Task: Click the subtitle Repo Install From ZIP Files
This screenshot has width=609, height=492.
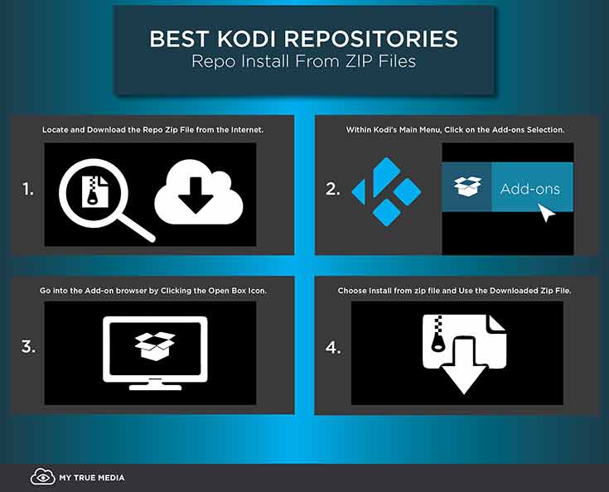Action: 304,62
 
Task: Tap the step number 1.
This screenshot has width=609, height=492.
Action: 29,189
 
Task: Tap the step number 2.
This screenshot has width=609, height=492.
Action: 332,190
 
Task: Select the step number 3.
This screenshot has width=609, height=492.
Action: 29,347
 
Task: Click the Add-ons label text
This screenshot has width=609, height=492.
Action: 529,189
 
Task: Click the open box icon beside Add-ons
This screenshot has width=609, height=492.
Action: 466,188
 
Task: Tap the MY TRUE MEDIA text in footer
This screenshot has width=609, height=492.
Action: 92,478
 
